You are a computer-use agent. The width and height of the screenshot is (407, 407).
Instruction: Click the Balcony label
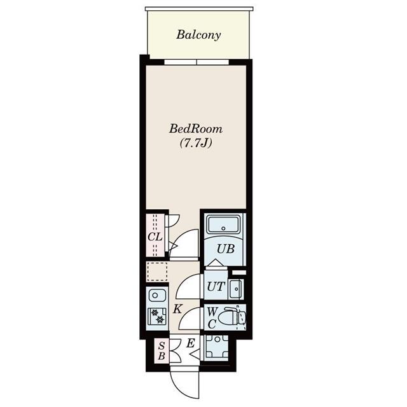[x=198, y=35]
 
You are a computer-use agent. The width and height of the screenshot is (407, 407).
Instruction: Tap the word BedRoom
[x=196, y=128]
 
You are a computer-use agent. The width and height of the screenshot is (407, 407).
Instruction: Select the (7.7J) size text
[x=196, y=143]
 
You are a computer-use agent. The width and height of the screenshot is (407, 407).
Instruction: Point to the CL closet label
[x=155, y=237]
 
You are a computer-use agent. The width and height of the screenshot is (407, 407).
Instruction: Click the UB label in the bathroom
[x=226, y=249]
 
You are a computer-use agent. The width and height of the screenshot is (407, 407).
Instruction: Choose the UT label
[x=216, y=287]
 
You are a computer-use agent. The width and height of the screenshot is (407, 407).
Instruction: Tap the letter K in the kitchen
[x=177, y=309]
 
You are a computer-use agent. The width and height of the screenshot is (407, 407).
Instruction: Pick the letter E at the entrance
[x=191, y=343]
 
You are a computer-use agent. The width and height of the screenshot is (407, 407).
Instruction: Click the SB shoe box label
[x=162, y=351]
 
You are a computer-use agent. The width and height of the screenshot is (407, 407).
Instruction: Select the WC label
[x=212, y=318]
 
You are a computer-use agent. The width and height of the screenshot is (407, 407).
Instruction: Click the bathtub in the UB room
[x=223, y=224]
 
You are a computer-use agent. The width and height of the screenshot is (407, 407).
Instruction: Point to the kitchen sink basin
[x=157, y=296]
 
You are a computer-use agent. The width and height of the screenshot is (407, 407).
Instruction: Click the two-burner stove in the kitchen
[x=157, y=316]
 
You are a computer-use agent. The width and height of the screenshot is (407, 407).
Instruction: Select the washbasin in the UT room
[x=236, y=289]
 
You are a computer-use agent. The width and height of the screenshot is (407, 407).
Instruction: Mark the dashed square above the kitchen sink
[x=157, y=272]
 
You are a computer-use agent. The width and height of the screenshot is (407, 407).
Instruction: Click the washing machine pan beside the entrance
[x=217, y=348]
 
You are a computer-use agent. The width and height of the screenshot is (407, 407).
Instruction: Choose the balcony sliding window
[x=197, y=62]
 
